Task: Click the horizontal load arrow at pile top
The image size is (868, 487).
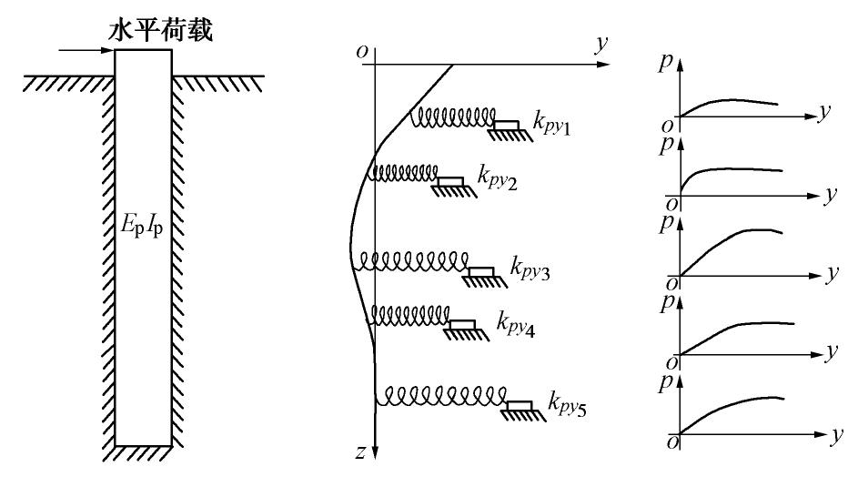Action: pyautogui.click(x=86, y=50)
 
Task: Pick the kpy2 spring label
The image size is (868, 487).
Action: pyautogui.click(x=498, y=177)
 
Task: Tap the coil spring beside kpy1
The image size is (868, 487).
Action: pyautogui.click(x=453, y=118)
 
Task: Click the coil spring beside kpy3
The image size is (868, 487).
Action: pyautogui.click(x=412, y=262)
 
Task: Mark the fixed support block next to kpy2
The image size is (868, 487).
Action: pyautogui.click(x=449, y=182)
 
